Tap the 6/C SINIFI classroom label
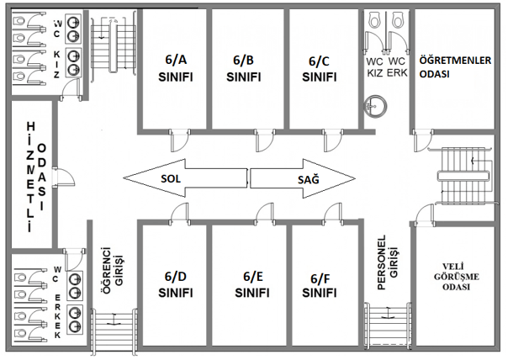(x=319, y=68)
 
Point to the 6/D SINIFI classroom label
(x=176, y=284)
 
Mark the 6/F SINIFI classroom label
(x=319, y=285)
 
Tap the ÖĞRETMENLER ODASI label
(x=455, y=66)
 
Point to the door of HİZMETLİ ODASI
(x=67, y=177)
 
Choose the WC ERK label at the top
(x=397, y=67)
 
